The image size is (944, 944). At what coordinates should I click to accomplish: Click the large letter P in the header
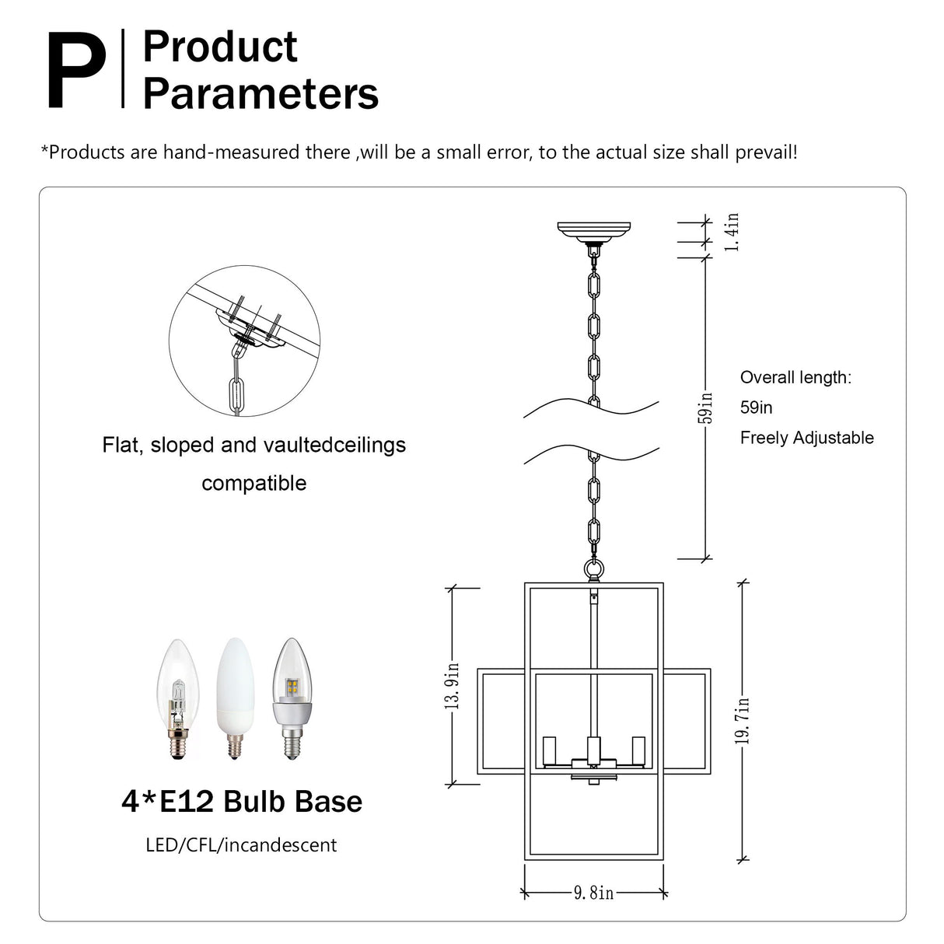[x=76, y=71]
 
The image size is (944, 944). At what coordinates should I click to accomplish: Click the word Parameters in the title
[x=260, y=94]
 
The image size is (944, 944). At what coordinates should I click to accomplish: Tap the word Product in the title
[x=220, y=47]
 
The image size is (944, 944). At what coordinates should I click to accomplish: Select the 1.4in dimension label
[x=732, y=232]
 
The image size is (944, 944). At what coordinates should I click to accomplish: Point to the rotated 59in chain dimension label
[x=705, y=407]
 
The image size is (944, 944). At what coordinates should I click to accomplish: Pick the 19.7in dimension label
[x=743, y=721]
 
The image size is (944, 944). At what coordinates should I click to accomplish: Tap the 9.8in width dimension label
[x=594, y=893]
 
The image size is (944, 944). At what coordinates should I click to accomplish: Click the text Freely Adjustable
[x=806, y=438]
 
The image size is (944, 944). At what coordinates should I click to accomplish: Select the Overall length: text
[x=795, y=378]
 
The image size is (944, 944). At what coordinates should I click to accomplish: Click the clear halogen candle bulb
[x=178, y=699]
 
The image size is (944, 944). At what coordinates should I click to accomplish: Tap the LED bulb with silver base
[x=291, y=698]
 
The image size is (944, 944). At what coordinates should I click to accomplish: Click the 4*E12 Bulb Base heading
[x=242, y=802]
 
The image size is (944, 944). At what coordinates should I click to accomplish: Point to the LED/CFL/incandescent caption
[x=241, y=845]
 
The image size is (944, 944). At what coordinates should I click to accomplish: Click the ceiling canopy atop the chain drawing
[x=593, y=230]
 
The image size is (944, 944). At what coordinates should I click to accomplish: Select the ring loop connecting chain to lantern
[x=593, y=570]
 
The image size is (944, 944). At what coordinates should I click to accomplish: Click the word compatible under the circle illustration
[x=254, y=483]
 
